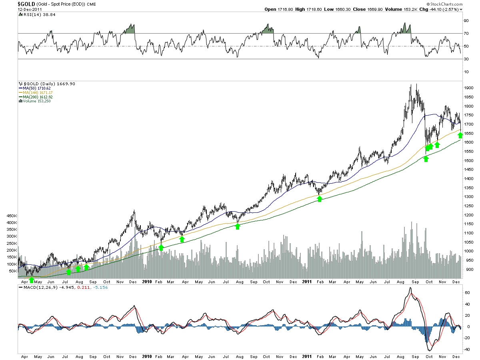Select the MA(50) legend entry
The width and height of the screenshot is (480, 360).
(33, 88)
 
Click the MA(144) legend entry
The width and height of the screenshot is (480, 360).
(34, 92)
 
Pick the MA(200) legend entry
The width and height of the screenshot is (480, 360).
(34, 97)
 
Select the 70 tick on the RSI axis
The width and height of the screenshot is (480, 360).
(466, 33)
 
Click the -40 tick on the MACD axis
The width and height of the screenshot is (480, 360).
(466, 349)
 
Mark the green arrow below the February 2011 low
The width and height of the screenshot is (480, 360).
(320, 198)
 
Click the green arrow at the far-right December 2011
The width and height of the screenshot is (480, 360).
(460, 135)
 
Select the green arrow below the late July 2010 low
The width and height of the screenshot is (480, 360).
(238, 226)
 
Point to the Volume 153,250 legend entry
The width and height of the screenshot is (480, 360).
(36, 101)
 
